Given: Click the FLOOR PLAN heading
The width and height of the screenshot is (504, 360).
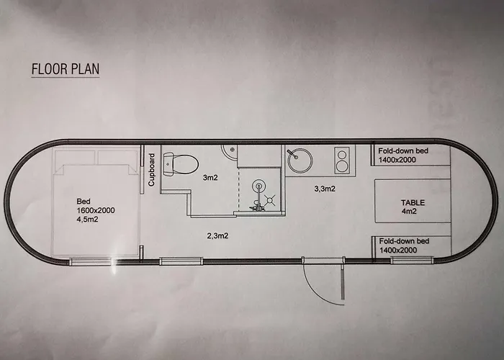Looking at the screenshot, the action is tap(66, 69).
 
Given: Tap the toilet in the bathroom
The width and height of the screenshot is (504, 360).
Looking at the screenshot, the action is tap(181, 164).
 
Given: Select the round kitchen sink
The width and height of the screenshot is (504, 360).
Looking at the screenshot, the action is tap(300, 161).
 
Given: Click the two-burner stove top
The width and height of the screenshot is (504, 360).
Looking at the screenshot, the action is tap(342, 161).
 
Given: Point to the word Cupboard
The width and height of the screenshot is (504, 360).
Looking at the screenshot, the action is tap(152, 169).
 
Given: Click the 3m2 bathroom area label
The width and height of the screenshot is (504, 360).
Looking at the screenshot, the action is tap(210, 177).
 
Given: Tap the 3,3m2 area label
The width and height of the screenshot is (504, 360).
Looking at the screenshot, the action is tap(325, 189).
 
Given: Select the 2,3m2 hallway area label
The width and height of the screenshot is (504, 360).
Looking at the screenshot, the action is tap(217, 236).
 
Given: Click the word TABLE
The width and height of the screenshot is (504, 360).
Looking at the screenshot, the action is tap(413, 202).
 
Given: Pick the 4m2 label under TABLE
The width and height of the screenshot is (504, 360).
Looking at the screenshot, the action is tap(409, 211).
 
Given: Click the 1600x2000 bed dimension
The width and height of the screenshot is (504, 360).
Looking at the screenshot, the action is tap(96, 210).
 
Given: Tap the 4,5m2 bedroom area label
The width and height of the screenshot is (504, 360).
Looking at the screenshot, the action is tap(87, 220).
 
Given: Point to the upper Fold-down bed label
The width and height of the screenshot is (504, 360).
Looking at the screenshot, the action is tap(403, 156).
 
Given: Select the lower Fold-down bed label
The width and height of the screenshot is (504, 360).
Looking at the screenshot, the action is tap(404, 246).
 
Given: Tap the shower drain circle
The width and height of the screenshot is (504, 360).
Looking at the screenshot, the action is tap(258, 186).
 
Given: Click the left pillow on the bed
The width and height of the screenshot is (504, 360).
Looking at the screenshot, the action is tap(75, 158).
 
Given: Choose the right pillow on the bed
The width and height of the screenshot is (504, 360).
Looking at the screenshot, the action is tap(118, 158).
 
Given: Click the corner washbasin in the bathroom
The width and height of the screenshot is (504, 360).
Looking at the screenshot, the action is tap(229, 152).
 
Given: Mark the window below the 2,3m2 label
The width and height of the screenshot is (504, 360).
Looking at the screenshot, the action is tap(181, 261).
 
